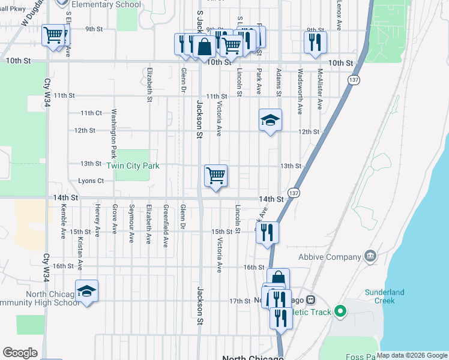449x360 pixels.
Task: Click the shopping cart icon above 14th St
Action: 215,176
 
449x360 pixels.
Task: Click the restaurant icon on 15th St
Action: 267,232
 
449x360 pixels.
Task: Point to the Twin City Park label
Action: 133,166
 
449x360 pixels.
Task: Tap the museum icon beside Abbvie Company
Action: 370,257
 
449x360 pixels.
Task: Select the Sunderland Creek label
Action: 385,296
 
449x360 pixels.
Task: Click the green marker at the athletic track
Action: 340,311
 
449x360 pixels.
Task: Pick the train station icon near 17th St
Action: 311,300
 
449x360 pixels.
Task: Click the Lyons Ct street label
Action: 91,181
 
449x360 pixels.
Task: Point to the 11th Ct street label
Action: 91,113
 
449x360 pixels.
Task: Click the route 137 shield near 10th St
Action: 354,80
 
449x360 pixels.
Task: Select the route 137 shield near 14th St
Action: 293,193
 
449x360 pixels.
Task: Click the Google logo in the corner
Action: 20,353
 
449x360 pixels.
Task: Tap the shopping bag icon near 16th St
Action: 278,279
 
